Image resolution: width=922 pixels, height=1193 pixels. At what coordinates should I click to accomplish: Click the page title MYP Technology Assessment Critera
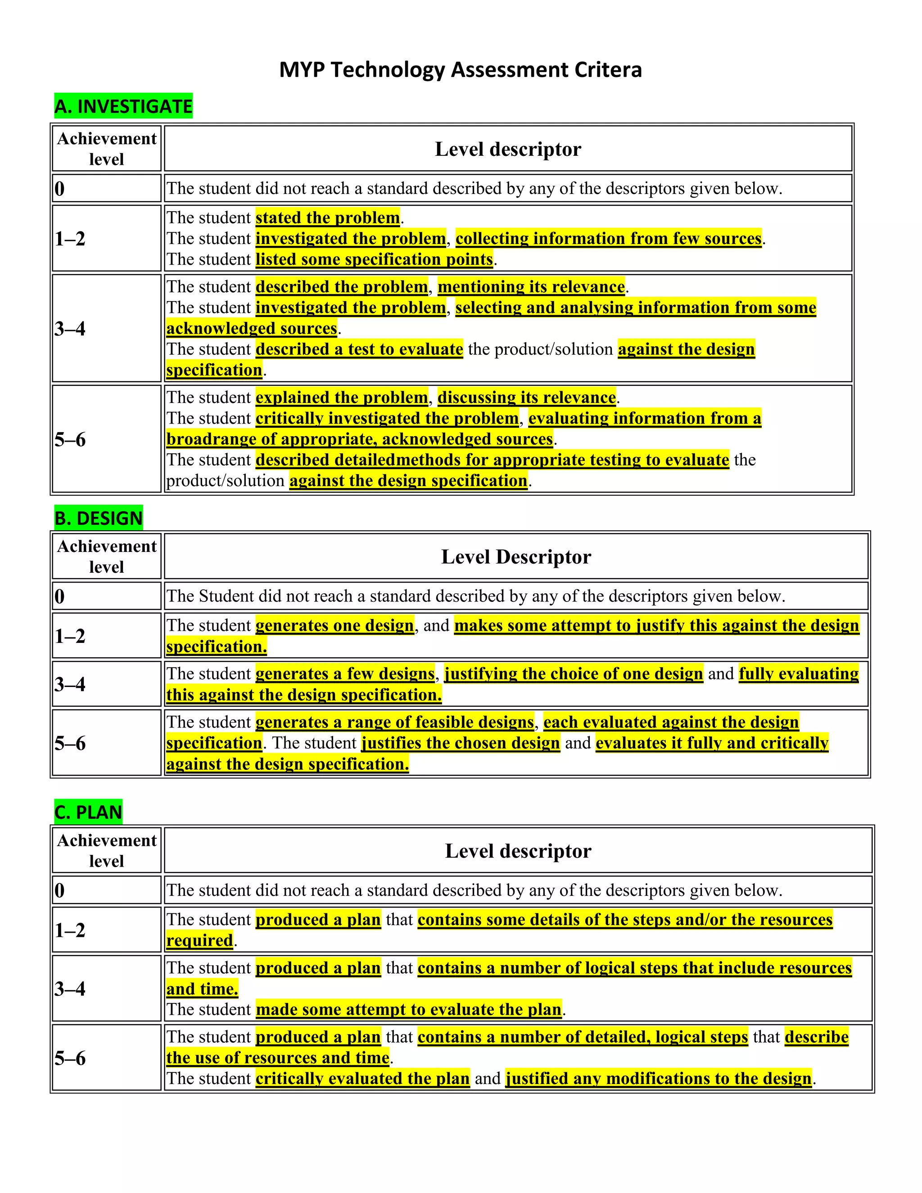point(461,70)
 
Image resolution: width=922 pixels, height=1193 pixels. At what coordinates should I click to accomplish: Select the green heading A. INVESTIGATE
point(123,106)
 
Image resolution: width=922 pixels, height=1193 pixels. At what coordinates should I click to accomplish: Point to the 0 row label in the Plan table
point(60,890)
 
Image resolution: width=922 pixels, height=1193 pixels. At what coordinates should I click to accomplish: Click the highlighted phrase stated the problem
point(328,218)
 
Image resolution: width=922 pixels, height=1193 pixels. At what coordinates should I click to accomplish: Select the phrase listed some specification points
point(374,259)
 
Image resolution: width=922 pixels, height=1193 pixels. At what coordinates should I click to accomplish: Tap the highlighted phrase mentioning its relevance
point(531,287)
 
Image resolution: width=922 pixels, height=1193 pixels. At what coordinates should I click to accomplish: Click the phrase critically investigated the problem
point(387,418)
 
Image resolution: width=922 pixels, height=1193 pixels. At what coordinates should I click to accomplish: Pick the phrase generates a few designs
point(345,674)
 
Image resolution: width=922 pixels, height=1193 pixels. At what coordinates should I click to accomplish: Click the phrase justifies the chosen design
point(461,743)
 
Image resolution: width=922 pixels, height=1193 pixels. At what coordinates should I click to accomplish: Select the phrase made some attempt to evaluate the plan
point(409,1009)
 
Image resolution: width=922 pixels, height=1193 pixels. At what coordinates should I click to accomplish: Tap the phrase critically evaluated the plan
point(363,1079)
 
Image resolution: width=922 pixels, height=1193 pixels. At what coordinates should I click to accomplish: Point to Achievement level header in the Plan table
point(107,851)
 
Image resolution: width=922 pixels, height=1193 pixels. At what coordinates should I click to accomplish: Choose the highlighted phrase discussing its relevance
point(527,398)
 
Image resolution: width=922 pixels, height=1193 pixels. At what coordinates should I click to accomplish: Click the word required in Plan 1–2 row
point(200,940)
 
